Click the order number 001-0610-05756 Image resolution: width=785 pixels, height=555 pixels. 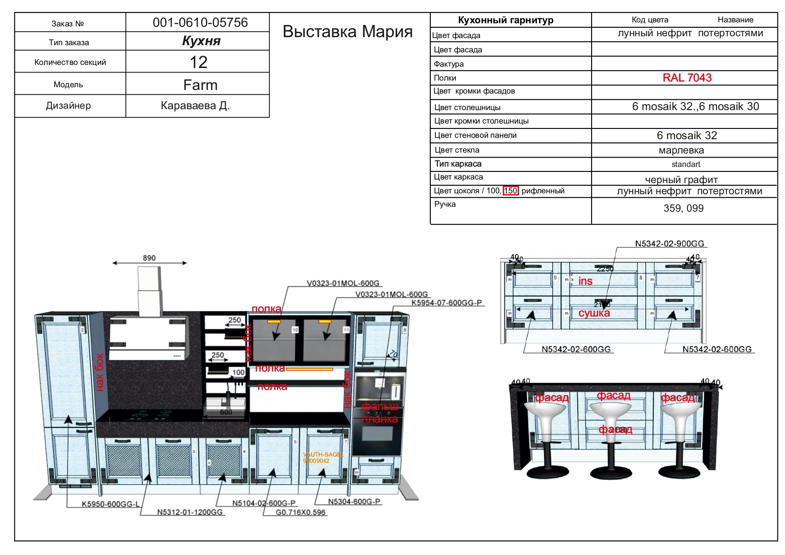click(200, 22)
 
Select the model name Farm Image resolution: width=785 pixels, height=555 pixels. click(200, 85)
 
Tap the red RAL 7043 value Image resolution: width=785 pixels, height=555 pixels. click(687, 78)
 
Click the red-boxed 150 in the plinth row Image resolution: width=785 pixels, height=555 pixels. click(510, 191)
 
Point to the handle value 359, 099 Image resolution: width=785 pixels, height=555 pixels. click(683, 208)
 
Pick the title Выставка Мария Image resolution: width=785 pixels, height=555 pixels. click(347, 31)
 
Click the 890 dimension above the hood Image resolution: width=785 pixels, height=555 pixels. click(149, 258)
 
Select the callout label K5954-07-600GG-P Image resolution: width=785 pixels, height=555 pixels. click(446, 303)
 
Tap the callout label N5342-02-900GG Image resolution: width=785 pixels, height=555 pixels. click(669, 243)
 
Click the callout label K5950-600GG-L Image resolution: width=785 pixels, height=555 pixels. click(110, 504)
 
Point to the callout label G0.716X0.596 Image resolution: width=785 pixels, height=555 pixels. click(300, 512)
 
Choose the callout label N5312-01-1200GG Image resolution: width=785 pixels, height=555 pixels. click(190, 512)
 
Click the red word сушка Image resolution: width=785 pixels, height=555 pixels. click(594, 313)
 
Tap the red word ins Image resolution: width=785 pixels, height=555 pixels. click(585, 281)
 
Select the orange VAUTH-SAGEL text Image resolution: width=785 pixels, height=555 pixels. click(323, 455)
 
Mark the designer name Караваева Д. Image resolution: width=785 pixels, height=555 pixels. click(195, 106)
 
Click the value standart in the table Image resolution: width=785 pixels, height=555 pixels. click(686, 164)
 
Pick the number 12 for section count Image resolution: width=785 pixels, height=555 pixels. click(198, 62)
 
